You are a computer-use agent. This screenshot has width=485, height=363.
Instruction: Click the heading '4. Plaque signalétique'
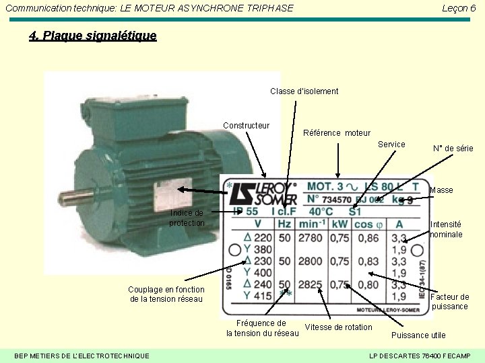pos(93,36)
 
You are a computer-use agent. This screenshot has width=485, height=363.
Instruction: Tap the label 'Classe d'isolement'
pos(304,91)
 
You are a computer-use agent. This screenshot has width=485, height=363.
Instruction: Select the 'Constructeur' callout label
pos(246,126)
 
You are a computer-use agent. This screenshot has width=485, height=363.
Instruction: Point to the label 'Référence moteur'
pos(337,133)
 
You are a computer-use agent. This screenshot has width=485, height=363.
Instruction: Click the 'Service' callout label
pos(391,145)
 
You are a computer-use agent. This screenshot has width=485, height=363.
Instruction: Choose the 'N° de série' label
pos(453,149)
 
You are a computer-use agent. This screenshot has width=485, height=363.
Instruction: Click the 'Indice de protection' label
pos(187,218)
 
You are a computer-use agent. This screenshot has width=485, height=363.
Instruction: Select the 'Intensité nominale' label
pos(446,229)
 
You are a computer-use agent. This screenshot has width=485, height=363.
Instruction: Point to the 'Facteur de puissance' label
pos(449,301)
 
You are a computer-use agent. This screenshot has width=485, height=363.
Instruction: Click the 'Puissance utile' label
pos(418,335)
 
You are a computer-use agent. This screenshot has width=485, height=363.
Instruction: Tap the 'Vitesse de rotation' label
pos(338,327)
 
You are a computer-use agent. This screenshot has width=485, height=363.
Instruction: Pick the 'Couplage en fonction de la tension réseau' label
pos(165,294)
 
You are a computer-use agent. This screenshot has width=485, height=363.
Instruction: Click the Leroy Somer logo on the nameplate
pos(262,193)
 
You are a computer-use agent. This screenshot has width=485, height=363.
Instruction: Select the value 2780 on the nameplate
pos(311,238)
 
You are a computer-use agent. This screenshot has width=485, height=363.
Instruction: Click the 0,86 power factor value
pos(368,238)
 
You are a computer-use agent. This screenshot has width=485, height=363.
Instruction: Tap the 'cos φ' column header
pos(368,223)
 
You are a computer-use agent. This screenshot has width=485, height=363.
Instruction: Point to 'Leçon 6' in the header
pos(459,8)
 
